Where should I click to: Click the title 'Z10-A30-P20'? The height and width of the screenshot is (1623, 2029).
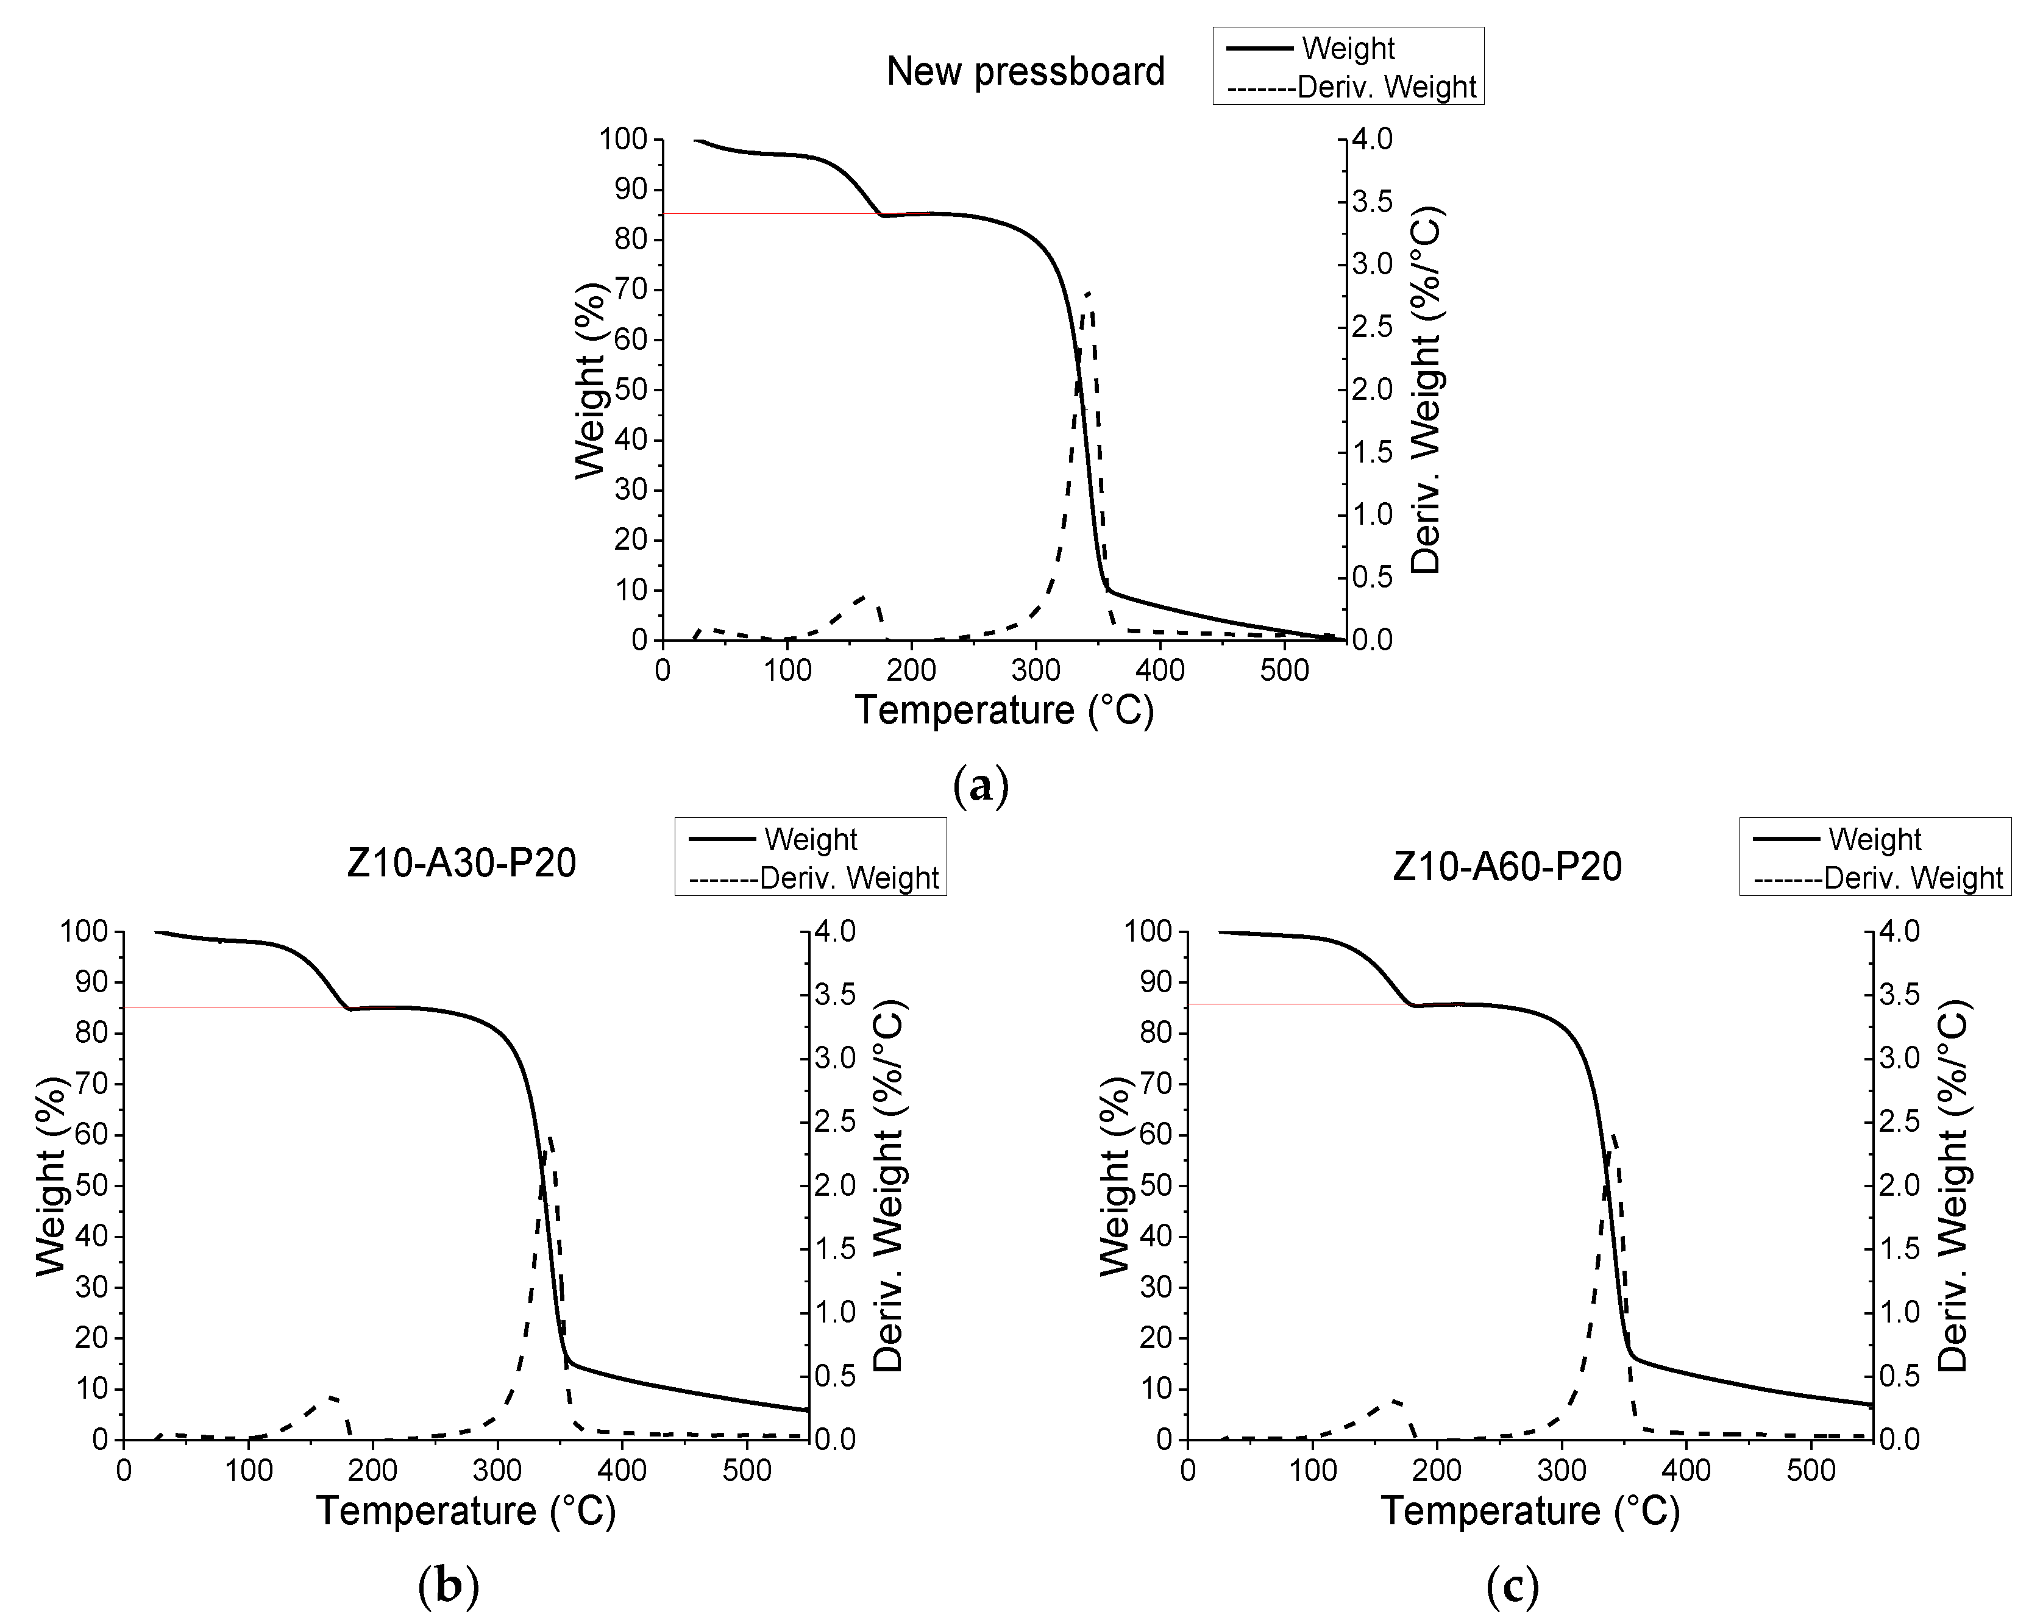click(461, 864)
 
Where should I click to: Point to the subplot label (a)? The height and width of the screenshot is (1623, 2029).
click(981, 785)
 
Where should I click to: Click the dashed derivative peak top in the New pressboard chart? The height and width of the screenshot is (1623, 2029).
click(1089, 294)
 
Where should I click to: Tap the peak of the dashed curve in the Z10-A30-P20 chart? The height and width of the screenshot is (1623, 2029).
click(550, 1137)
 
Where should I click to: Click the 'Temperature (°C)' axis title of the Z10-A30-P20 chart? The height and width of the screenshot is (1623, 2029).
click(466, 1511)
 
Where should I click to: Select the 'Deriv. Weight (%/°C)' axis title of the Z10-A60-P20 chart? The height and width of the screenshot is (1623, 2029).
click(1953, 1185)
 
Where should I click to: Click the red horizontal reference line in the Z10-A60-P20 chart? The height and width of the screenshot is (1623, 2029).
click(1299, 1004)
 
